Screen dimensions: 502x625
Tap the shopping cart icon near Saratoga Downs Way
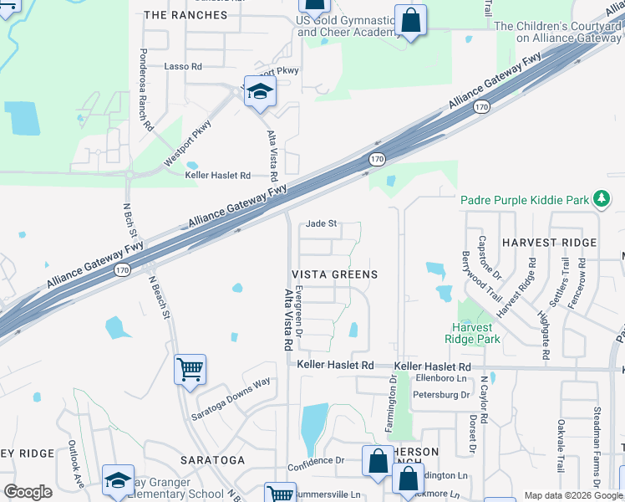[x=190, y=368]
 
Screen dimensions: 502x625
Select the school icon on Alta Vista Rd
[x=260, y=92]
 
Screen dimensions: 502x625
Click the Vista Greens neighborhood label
[x=334, y=274]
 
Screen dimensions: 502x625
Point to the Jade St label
[x=321, y=223]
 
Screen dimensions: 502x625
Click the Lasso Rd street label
[x=184, y=66]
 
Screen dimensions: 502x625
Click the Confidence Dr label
[x=316, y=460]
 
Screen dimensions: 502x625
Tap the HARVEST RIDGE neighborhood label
[x=550, y=243]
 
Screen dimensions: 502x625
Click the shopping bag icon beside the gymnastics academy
[x=410, y=21]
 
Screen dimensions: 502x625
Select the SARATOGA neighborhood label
[x=213, y=460]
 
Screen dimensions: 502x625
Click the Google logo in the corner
[x=28, y=491]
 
